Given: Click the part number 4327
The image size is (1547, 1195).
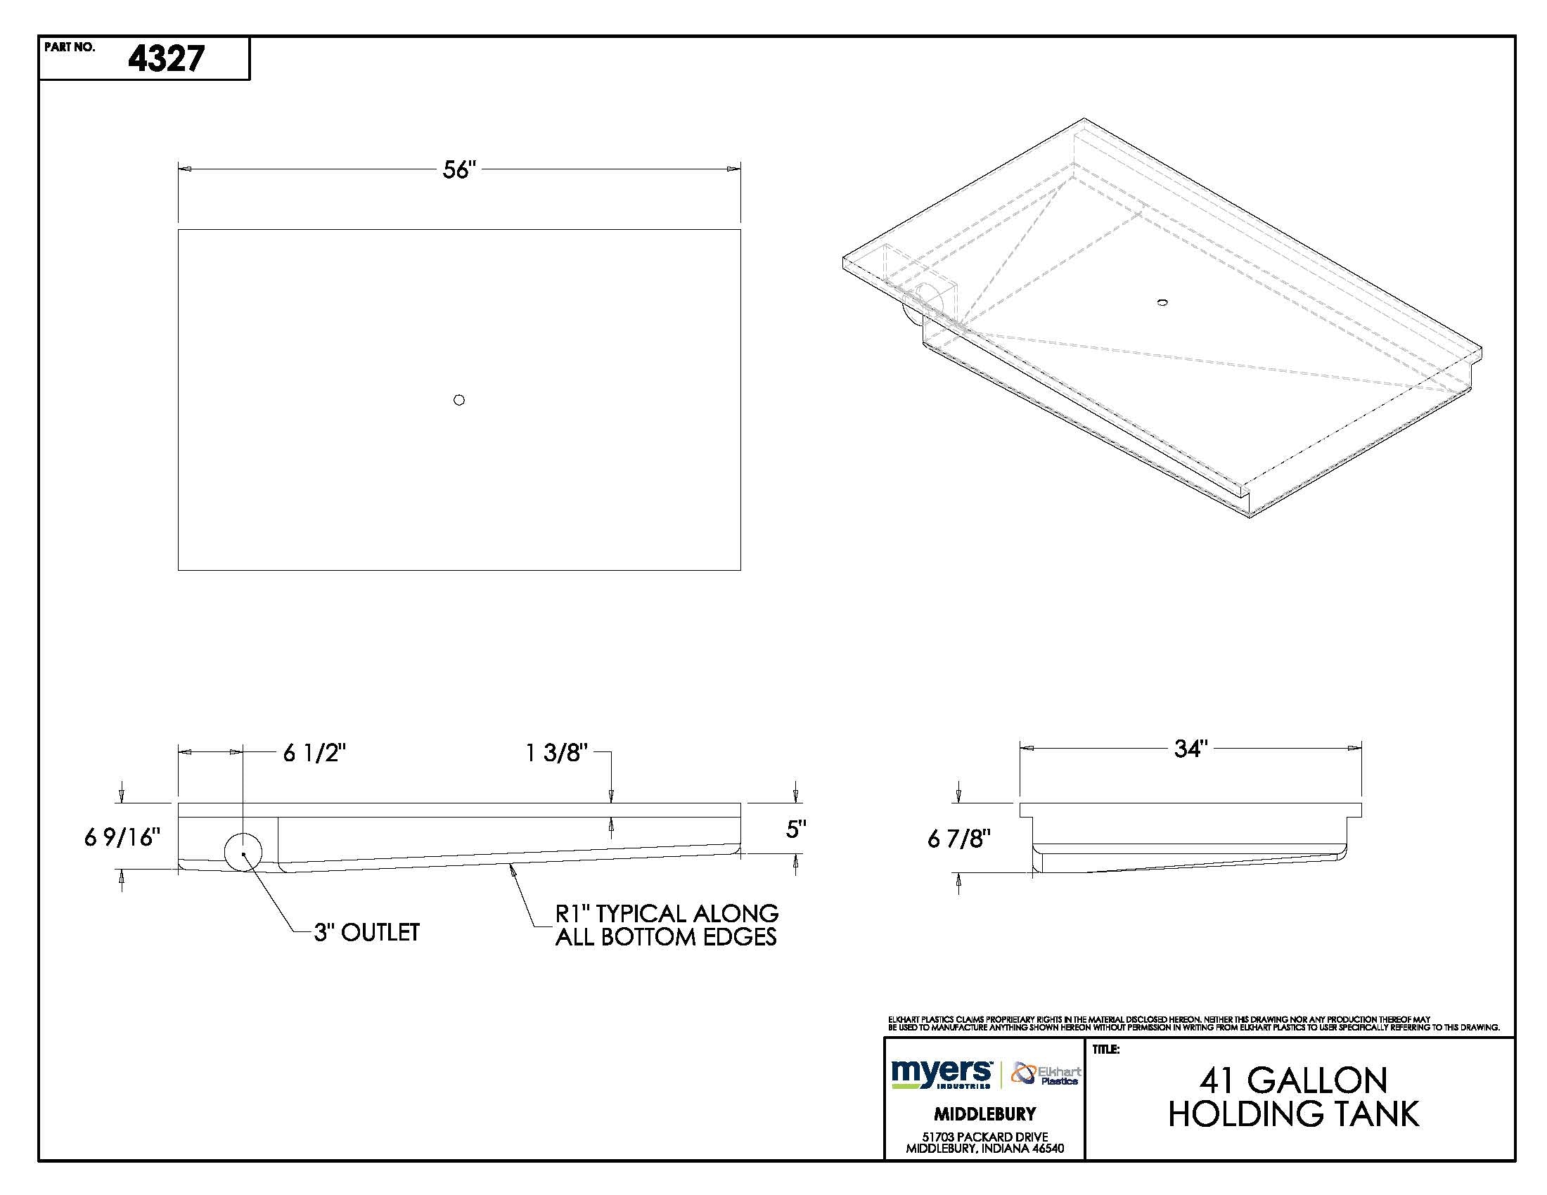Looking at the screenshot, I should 166,59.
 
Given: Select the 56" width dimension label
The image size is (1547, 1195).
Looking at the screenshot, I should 459,170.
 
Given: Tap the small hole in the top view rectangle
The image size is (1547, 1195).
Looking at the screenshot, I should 459,400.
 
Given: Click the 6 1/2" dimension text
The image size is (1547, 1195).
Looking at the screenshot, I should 314,754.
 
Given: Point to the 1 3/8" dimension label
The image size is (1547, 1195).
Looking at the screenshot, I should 557,754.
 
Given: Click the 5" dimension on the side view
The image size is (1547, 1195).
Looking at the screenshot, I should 796,829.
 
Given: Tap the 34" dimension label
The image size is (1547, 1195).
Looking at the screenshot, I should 1190,749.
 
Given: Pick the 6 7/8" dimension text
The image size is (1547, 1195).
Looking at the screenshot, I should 959,839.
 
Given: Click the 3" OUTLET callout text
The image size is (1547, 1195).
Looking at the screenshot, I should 367,932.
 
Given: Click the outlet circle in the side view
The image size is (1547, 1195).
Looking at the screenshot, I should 243,853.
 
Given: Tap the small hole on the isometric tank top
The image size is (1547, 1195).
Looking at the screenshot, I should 1162,303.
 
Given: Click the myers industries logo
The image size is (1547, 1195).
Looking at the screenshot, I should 942,1073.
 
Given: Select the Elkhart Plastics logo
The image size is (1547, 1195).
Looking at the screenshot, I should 1046,1073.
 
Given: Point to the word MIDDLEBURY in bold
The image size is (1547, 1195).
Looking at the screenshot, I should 984,1114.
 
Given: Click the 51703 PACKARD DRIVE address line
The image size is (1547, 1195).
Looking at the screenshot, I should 984,1137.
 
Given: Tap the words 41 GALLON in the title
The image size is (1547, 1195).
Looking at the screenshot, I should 1292,1080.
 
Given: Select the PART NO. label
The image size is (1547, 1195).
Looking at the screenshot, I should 69,47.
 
